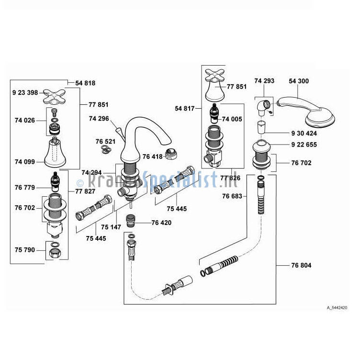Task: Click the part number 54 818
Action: pyautogui.click(x=85, y=83)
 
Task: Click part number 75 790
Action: pyautogui.click(x=24, y=249)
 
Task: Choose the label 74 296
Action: pyautogui.click(x=99, y=118)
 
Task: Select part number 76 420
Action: pyautogui.click(x=161, y=223)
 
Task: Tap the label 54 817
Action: pyautogui.click(x=185, y=109)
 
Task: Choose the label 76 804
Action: pyautogui.click(x=301, y=265)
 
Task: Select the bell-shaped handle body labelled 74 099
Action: pyautogui.click(x=56, y=152)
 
